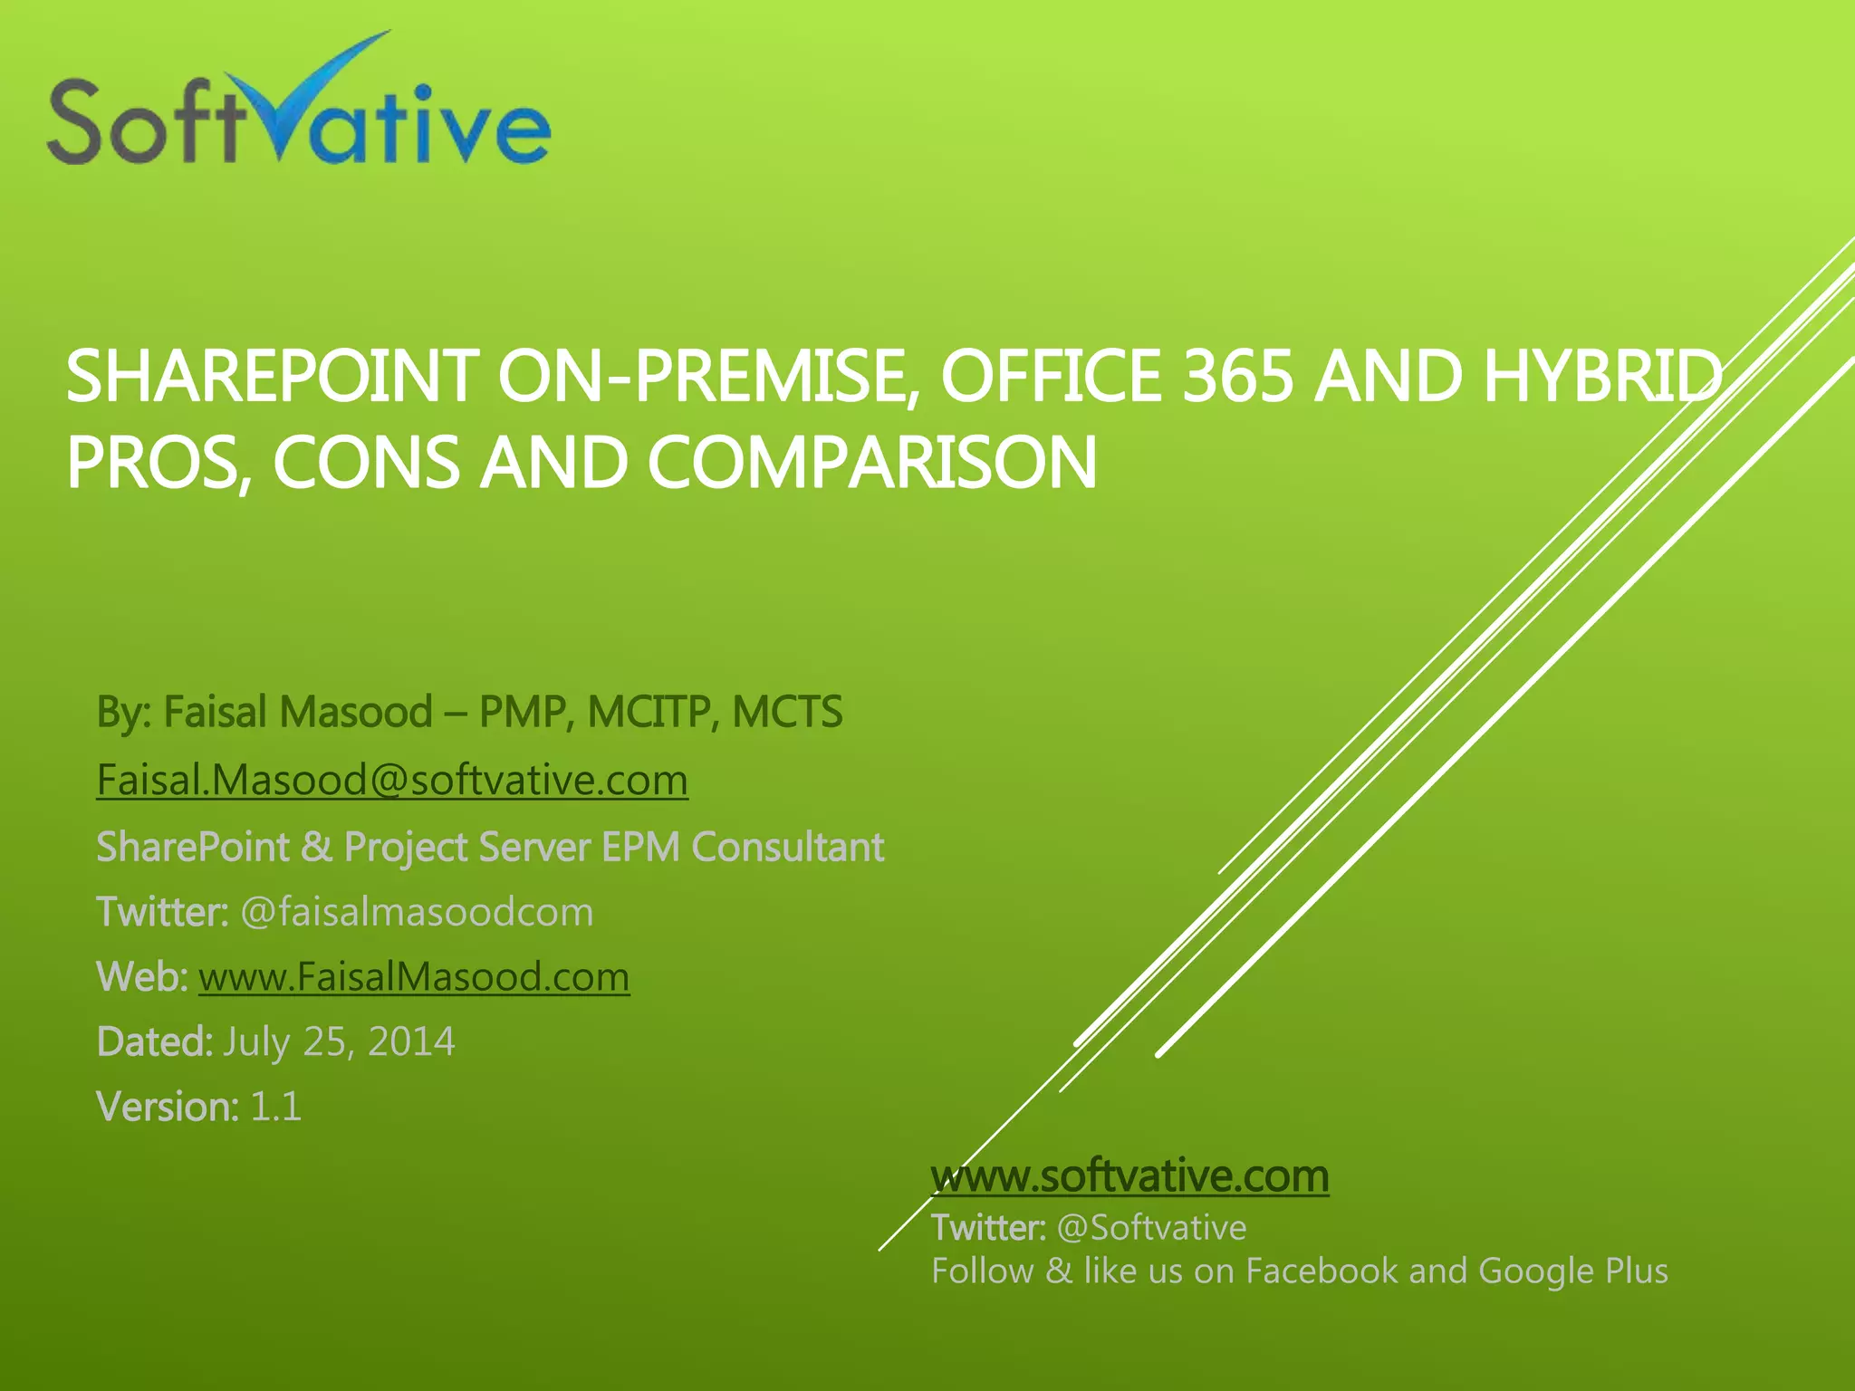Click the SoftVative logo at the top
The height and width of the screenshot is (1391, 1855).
click(299, 109)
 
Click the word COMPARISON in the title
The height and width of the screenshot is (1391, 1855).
click(871, 463)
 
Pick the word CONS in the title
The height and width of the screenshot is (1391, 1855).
click(366, 463)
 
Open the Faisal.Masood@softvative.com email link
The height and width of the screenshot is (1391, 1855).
click(392, 781)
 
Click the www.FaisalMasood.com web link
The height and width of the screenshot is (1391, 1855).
click(414, 978)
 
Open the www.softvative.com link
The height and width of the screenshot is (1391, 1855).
click(1129, 1176)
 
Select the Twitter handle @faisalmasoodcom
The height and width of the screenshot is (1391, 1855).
click(417, 912)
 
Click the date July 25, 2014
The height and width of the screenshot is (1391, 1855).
click(339, 1042)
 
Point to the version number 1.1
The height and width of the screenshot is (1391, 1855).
click(275, 1108)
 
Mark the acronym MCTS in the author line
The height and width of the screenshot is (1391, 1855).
click(787, 713)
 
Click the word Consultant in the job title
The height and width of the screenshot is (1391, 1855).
click(787, 848)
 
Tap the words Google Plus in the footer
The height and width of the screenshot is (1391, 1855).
click(1572, 1271)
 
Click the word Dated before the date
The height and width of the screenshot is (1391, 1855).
click(152, 1042)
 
